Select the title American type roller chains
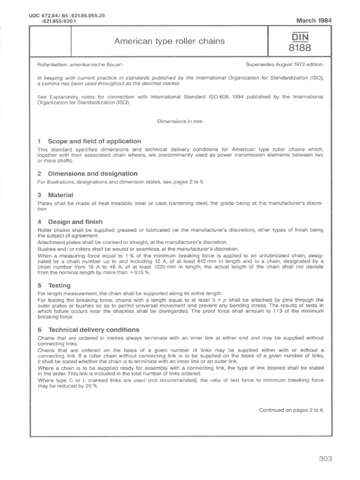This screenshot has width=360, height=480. (x=170, y=41)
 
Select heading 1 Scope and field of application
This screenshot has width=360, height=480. (x=89, y=141)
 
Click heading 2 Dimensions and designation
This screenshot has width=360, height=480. (x=87, y=173)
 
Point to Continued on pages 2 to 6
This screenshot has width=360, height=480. (x=291, y=410)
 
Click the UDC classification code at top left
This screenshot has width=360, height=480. (x=67, y=18)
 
